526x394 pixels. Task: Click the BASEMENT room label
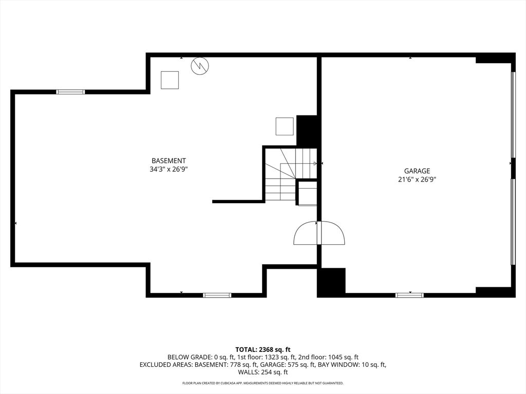(168, 161)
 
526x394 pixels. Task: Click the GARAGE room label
(417, 171)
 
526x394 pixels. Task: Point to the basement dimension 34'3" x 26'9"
(168, 169)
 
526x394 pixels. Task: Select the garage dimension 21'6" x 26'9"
(417, 180)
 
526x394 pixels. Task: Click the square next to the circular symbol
(170, 80)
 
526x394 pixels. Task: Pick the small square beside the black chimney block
(285, 126)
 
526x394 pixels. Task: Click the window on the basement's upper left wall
(70, 92)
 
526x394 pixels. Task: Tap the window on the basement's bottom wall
(217, 295)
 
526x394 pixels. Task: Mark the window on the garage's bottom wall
(409, 295)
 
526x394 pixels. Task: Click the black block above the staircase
(308, 131)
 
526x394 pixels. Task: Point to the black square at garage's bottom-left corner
(332, 282)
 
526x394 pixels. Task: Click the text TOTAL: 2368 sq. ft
(263, 349)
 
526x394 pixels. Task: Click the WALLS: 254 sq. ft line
(263, 372)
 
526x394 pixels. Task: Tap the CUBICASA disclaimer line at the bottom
(263, 383)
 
